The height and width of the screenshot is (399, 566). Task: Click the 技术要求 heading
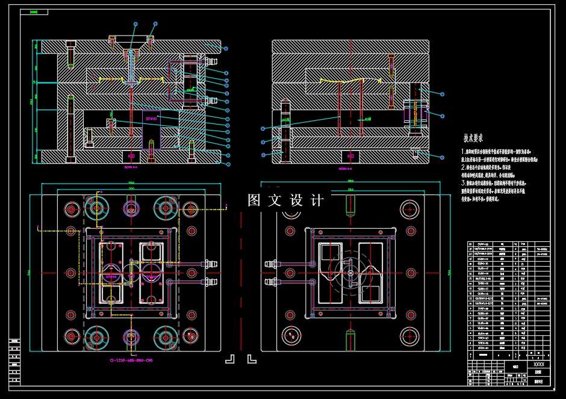473,138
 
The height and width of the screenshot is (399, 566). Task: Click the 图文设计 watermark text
285,200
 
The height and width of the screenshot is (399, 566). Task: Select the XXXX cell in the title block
539,365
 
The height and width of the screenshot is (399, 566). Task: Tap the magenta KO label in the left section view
131,156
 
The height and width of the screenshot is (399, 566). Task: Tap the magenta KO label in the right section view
350,156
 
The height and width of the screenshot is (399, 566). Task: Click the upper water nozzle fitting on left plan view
210,263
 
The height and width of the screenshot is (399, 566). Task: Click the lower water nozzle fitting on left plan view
210,282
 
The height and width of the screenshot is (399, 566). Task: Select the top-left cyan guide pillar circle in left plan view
95,208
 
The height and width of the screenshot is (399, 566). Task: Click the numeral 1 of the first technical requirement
463,152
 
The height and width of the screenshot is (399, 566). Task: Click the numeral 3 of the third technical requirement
463,182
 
